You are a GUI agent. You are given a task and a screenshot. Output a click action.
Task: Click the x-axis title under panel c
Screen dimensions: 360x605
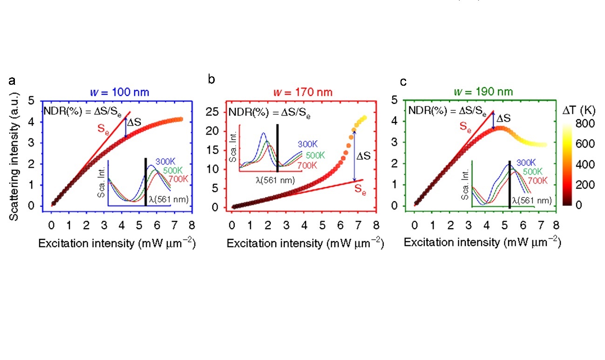click(x=482, y=243)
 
